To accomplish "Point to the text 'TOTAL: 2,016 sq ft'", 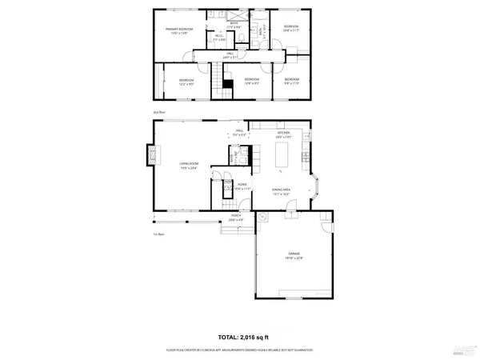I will [245, 338].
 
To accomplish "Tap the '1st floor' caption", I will [158, 234].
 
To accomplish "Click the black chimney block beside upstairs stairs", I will [227, 83].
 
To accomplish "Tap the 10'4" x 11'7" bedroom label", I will [290, 29].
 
